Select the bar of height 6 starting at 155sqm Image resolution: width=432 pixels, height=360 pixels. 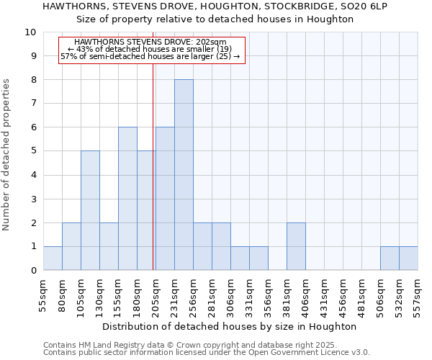127,199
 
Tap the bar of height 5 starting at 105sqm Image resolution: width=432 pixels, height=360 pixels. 90,210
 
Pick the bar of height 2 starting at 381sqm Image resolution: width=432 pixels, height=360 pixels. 296,246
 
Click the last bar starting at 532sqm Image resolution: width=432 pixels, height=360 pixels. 408,258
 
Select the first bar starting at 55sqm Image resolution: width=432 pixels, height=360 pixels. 53,258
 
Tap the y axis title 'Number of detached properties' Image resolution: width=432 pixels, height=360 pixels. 7,156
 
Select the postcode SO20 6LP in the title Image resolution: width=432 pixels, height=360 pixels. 360,6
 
